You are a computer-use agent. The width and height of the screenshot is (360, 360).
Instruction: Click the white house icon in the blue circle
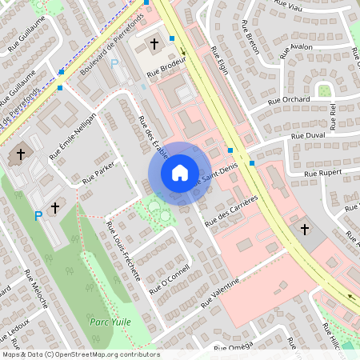click(x=179, y=173)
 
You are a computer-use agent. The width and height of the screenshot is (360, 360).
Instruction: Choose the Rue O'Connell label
click(x=170, y=278)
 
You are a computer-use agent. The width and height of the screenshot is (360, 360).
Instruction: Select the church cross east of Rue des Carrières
click(x=304, y=230)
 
